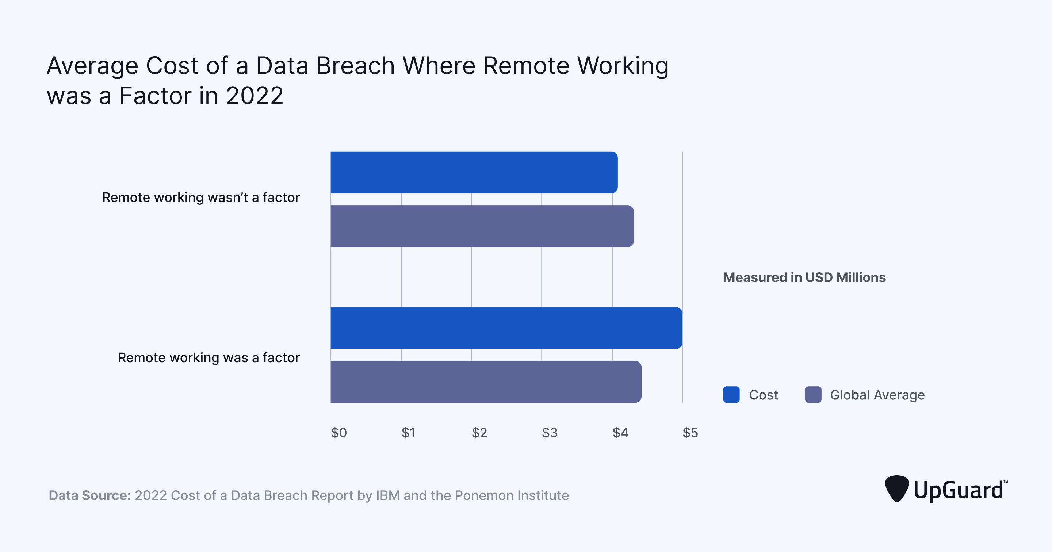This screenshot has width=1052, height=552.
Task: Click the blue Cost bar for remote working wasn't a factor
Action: pyautogui.click(x=474, y=172)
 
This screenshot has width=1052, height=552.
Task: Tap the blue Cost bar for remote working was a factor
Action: pyautogui.click(x=506, y=328)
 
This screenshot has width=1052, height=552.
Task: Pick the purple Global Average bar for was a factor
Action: pyautogui.click(x=486, y=382)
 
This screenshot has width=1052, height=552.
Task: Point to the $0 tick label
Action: pyautogui.click(x=338, y=432)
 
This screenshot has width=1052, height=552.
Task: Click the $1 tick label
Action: pyautogui.click(x=408, y=432)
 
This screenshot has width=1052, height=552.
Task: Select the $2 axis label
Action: pyautogui.click(x=479, y=432)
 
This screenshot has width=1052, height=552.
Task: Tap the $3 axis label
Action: pyautogui.click(x=549, y=432)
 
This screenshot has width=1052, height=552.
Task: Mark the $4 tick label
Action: pyautogui.click(x=620, y=432)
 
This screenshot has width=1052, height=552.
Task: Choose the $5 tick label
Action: pyautogui.click(x=690, y=432)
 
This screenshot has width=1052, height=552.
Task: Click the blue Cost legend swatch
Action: pyautogui.click(x=731, y=394)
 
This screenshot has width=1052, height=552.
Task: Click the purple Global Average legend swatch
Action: pyautogui.click(x=813, y=394)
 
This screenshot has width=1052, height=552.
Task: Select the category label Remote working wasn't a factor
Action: pyautogui.click(x=200, y=197)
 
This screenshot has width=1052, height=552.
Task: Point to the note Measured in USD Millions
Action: pyautogui.click(x=804, y=277)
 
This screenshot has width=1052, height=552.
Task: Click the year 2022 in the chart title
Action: pyautogui.click(x=255, y=96)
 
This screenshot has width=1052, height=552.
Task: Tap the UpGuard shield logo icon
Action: pyautogui.click(x=896, y=488)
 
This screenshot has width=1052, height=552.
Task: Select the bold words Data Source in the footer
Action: pyautogui.click(x=89, y=495)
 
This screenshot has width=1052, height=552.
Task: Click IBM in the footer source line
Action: pyautogui.click(x=387, y=495)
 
